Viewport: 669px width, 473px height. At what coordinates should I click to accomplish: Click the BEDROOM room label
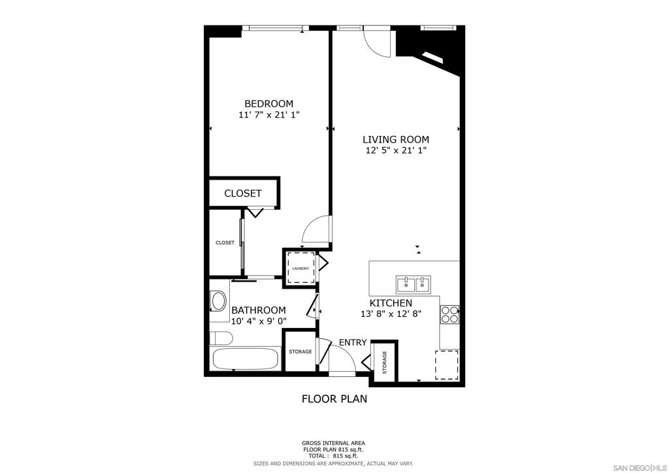point(269,103)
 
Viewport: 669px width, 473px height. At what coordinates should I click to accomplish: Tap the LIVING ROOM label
point(396,139)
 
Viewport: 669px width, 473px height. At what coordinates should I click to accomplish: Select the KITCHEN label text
point(391,303)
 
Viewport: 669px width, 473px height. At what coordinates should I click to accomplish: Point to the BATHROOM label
point(258,310)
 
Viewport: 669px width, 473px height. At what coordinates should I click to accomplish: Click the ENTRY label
point(352,342)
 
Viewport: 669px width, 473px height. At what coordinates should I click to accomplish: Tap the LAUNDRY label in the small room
point(301,269)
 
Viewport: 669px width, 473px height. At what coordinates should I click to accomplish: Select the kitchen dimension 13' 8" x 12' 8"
point(391,314)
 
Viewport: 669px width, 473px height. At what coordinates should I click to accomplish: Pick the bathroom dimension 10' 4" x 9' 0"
point(258,321)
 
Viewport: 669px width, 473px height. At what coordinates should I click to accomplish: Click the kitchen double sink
point(414,284)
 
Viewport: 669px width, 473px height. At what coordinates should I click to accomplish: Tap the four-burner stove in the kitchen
point(449,316)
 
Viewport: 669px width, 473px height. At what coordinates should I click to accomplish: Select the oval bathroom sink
point(218,301)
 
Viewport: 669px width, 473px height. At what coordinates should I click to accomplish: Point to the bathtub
point(245,359)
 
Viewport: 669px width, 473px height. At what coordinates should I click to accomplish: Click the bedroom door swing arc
point(317,229)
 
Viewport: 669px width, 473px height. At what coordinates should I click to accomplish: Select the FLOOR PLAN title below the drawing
point(334,399)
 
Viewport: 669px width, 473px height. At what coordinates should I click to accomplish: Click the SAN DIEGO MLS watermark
point(640,466)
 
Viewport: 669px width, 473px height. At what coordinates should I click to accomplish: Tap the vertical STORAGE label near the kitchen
point(384,363)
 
